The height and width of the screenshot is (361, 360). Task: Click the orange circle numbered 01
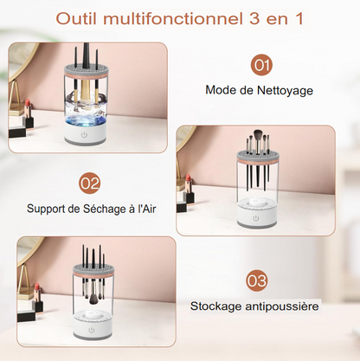[261, 64]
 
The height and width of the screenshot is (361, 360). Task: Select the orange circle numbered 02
[89, 183]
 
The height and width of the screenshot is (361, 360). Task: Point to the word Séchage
[105, 208]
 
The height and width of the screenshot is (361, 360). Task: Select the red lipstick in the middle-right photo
[188, 184]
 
